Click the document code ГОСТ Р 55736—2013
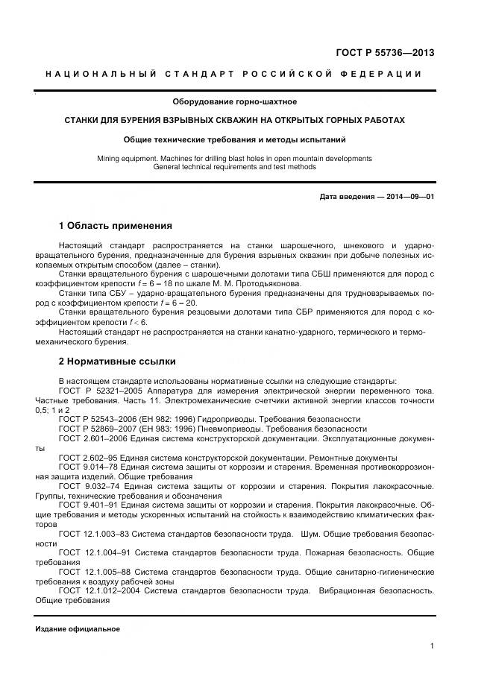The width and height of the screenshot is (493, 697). [x=387, y=52]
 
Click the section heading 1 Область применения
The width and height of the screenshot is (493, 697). [x=115, y=226]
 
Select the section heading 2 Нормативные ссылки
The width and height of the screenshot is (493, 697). [x=117, y=362]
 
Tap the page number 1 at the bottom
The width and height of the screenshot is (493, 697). [x=432, y=646]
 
